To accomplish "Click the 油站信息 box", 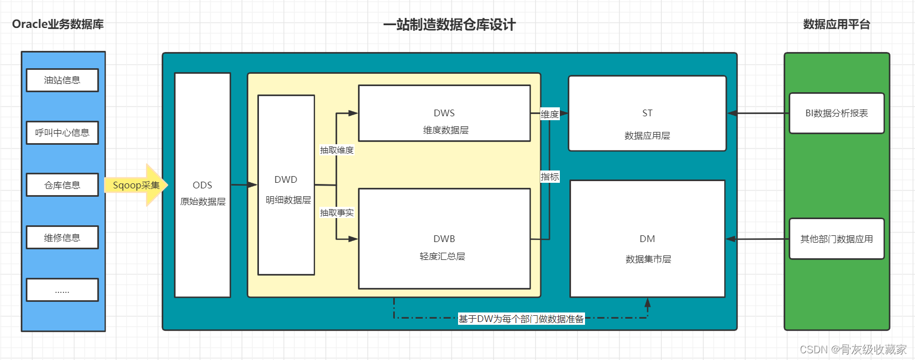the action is (x=63, y=80).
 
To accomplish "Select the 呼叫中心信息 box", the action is (x=63, y=132).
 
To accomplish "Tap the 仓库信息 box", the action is (x=63, y=185).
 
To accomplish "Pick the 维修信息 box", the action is (x=63, y=238).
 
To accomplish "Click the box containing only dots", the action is (x=63, y=290).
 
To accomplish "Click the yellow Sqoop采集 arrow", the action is (x=136, y=185).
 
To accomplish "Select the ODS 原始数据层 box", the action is (x=202, y=185).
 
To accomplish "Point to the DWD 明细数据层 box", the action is (x=286, y=185).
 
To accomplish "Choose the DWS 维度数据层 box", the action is (x=445, y=113).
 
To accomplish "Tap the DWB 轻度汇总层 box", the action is (x=445, y=239).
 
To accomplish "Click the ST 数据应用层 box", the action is (x=648, y=113).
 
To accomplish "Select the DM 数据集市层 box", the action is (x=648, y=239).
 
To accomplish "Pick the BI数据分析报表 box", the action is (x=837, y=113).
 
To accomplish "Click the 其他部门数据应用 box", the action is (x=837, y=239).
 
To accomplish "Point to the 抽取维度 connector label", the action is (x=337, y=150).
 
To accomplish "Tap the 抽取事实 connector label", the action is (x=337, y=212).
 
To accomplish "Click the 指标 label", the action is (x=550, y=177).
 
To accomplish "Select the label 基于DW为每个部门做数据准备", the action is (x=521, y=319).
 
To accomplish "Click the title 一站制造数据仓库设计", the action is (x=449, y=25).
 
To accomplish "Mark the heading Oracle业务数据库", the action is (x=58, y=24).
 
